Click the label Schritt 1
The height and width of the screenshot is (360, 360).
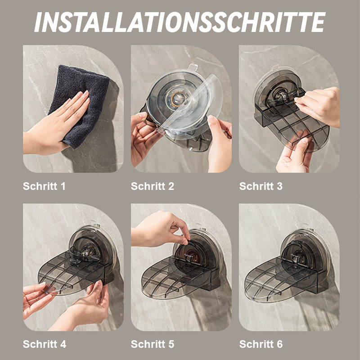44,186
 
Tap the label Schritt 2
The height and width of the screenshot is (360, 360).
152,186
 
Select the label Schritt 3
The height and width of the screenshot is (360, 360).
261,186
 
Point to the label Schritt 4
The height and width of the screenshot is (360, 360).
44,344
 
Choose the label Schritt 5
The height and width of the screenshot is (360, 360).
152,344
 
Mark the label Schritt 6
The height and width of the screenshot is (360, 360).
261,344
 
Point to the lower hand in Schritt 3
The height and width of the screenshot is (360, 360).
295,155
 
